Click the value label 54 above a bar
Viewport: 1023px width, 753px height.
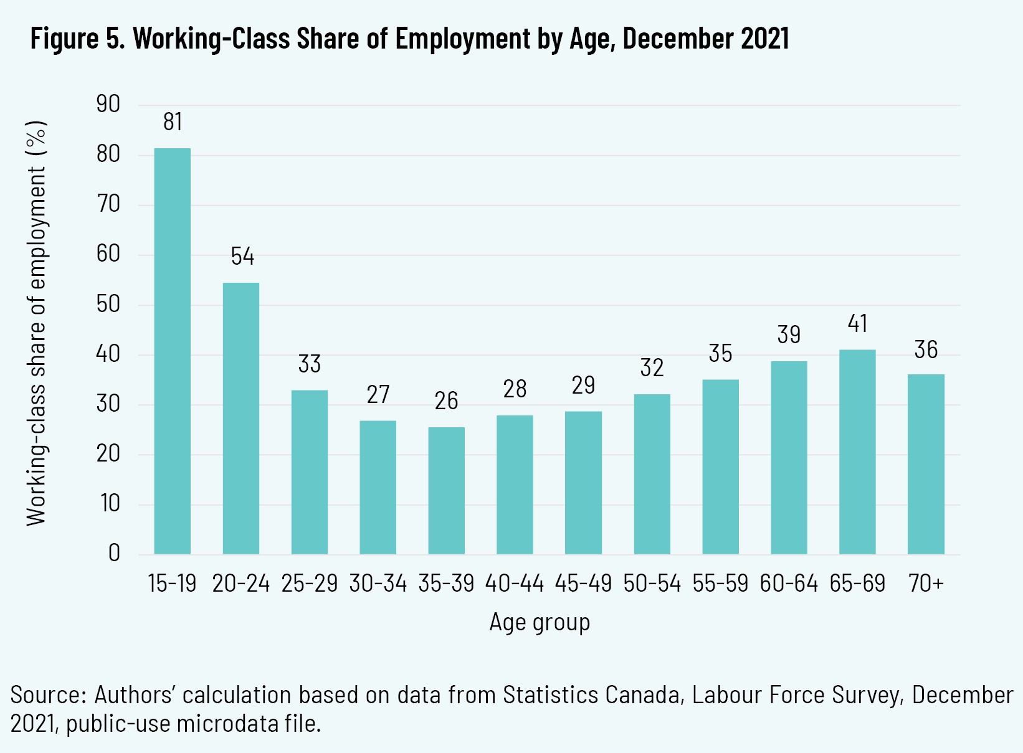point(242,256)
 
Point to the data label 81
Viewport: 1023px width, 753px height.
point(173,122)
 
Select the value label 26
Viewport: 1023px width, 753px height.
point(446,401)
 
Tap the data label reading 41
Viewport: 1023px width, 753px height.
point(857,323)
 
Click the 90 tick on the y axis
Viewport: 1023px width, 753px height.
point(108,104)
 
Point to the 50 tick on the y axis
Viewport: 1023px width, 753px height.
point(108,304)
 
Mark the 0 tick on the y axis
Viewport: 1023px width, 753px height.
point(114,553)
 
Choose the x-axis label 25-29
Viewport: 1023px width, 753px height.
point(310,584)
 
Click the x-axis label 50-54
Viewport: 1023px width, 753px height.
point(652,584)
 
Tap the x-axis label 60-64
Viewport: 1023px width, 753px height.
point(789,584)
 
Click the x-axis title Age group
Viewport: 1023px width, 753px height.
point(540,622)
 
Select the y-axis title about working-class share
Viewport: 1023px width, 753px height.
point(36,324)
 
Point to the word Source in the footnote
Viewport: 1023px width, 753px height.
point(46,695)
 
